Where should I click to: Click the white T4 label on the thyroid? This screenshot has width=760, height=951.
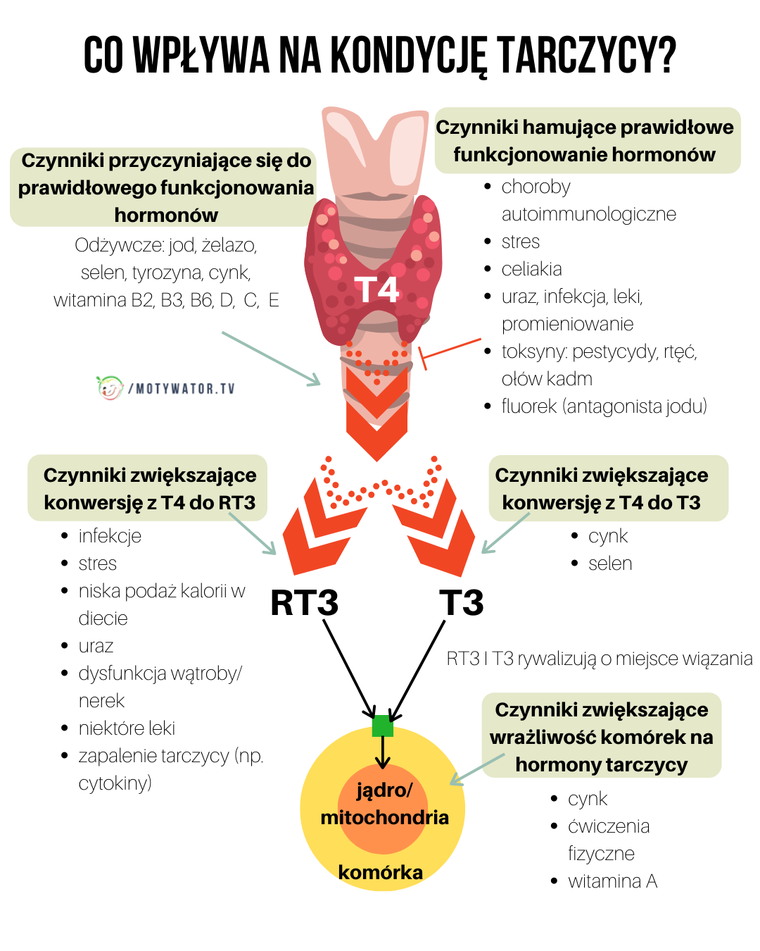click(x=376, y=290)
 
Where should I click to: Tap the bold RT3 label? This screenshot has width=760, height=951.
click(x=305, y=603)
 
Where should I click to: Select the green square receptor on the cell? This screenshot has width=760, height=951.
click(x=382, y=726)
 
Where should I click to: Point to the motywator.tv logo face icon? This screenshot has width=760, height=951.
click(x=109, y=387)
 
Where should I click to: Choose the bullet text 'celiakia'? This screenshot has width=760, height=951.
click(x=531, y=269)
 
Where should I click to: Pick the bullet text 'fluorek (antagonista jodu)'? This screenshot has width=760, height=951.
click(x=604, y=406)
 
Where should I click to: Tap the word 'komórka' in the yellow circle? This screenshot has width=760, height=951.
click(x=380, y=872)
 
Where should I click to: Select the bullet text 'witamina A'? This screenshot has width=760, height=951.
click(x=612, y=881)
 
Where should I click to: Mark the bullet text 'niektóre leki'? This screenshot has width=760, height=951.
click(x=127, y=728)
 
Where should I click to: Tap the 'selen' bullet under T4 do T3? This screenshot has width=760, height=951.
click(x=610, y=564)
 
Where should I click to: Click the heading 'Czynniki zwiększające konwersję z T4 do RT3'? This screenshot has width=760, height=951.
click(x=149, y=489)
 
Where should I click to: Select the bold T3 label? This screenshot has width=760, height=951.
click(x=462, y=603)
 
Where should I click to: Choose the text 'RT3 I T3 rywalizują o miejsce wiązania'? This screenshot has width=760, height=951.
click(x=600, y=659)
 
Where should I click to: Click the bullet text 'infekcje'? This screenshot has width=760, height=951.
click(x=110, y=536)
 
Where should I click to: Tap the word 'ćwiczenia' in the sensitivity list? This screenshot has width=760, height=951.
click(x=609, y=826)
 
